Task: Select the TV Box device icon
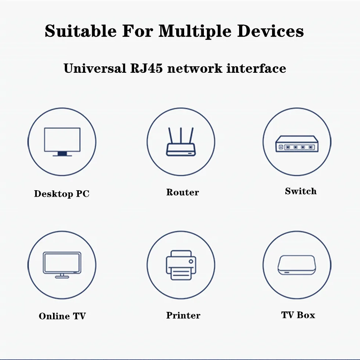tap(296, 265)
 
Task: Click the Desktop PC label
tap(62, 194)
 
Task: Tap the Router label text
tap(183, 193)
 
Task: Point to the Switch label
tap(301, 191)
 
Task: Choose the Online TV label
tap(62, 316)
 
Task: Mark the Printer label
tap(183, 315)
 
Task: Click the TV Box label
tap(298, 315)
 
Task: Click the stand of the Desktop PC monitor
tap(62, 153)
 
